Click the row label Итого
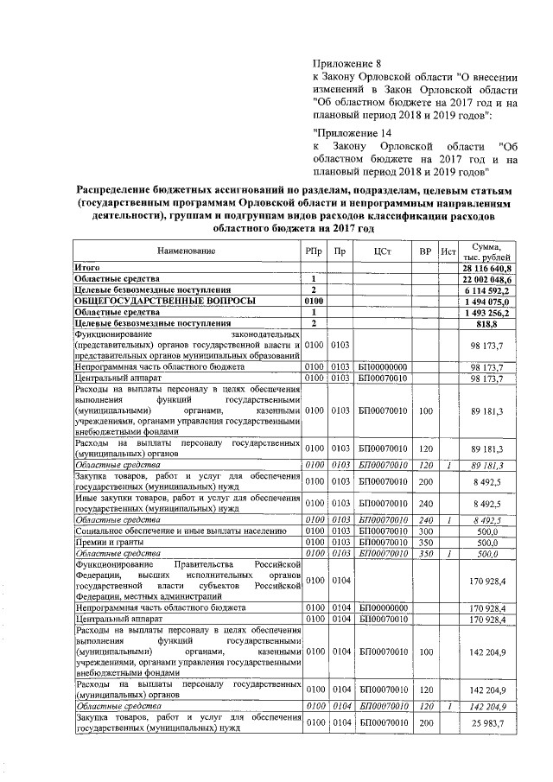point(86,268)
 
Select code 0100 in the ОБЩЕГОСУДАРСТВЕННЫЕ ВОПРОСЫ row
point(312,301)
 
